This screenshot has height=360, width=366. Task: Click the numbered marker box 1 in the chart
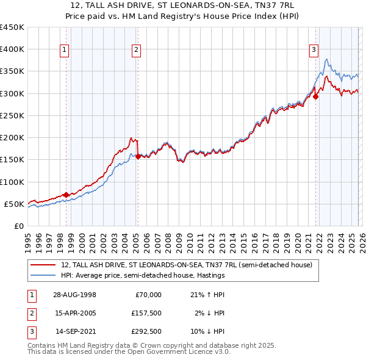(65, 51)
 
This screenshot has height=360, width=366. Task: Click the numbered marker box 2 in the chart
(136, 51)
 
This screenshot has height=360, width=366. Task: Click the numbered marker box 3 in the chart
(314, 51)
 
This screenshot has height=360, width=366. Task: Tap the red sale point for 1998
(66, 195)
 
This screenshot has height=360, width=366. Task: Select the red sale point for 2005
(138, 156)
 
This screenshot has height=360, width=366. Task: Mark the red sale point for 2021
(316, 96)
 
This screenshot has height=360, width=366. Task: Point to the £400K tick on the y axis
(12, 49)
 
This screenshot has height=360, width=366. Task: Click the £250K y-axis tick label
(12, 115)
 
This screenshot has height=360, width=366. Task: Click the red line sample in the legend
(43, 265)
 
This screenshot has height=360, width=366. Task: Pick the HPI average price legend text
(143, 276)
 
